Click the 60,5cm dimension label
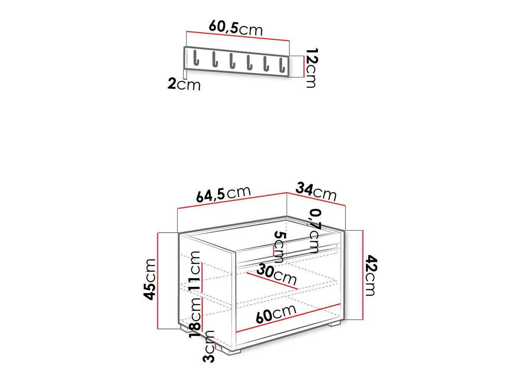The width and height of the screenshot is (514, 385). (x=236, y=28)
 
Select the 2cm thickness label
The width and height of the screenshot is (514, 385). (x=184, y=84)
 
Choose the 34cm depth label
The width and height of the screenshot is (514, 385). (x=316, y=191)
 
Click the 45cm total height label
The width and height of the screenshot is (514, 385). (x=150, y=279)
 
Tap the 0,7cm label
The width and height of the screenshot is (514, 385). (x=315, y=230)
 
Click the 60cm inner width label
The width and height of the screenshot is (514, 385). (x=276, y=314)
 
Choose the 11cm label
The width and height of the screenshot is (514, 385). (x=195, y=270)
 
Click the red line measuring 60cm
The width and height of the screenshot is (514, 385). (x=288, y=318)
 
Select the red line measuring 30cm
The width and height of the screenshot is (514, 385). (x=272, y=281)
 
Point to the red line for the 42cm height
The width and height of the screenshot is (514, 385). (x=362, y=275)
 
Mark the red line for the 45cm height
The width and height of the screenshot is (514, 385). (x=158, y=281)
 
